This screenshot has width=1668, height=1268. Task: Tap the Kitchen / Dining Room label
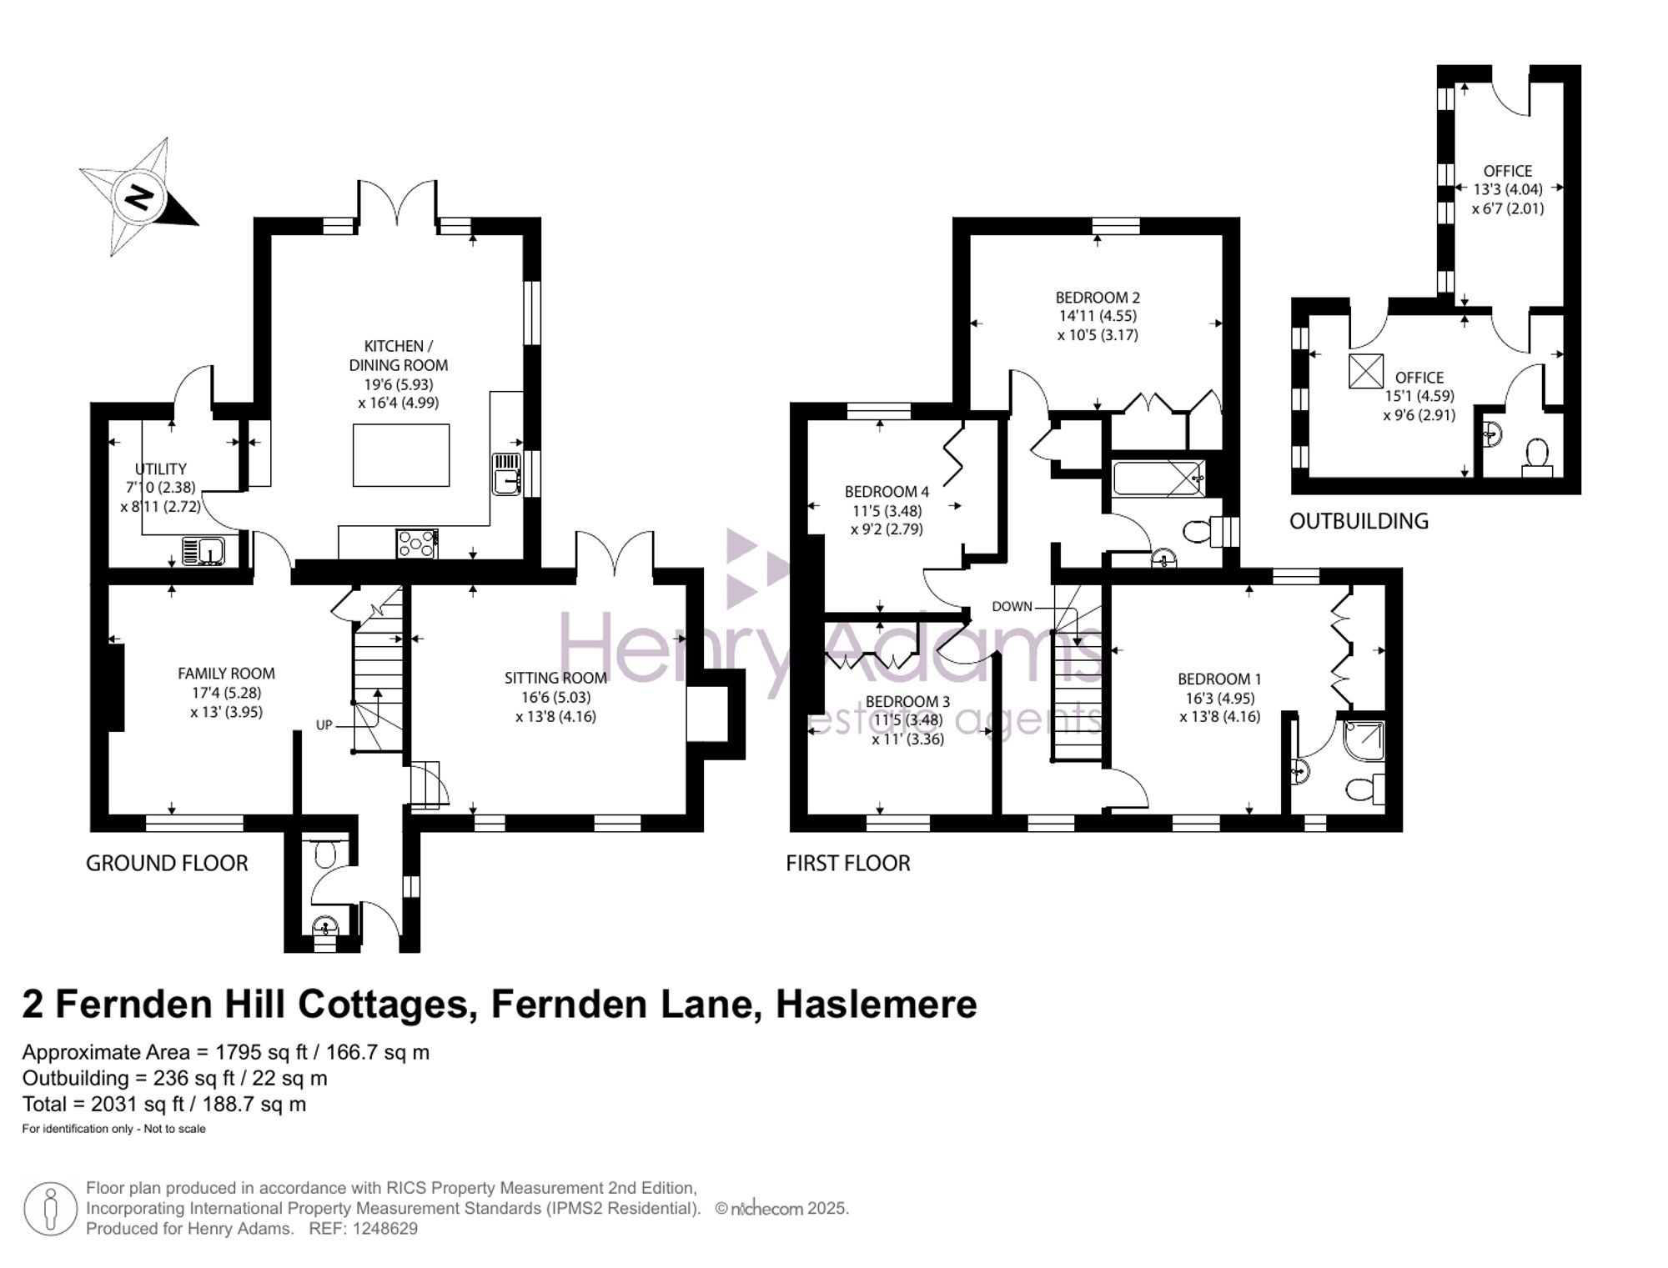[398, 355]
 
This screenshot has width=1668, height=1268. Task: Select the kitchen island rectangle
[400, 455]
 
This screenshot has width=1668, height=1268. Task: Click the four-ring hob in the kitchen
[416, 544]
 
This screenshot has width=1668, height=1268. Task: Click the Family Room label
[226, 674]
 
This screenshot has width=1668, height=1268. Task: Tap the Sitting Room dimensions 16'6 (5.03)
[555, 698]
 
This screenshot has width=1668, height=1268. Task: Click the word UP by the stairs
[324, 725]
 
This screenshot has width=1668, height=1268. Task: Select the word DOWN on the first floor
[1012, 607]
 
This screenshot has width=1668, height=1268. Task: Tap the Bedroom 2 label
[1097, 298]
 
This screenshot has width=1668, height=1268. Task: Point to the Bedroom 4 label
[887, 492]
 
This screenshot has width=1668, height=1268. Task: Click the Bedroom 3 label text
[907, 702]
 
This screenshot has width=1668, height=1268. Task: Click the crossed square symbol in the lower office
[1366, 371]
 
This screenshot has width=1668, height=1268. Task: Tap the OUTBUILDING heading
[1359, 522]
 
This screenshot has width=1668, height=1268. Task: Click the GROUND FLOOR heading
[167, 864]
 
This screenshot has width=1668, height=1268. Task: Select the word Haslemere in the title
[876, 1005]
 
